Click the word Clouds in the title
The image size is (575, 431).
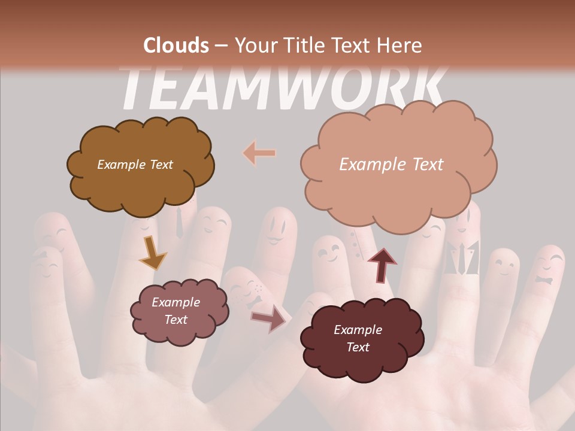pyautogui.click(x=176, y=45)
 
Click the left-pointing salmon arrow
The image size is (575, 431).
pyautogui.click(x=259, y=154)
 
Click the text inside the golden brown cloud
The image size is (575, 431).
pyautogui.click(x=135, y=165)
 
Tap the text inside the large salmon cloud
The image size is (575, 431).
pyautogui.click(x=391, y=165)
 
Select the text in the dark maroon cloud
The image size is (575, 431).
pyautogui.click(x=358, y=338)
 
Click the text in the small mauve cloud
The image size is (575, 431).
pyautogui.click(x=175, y=311)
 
